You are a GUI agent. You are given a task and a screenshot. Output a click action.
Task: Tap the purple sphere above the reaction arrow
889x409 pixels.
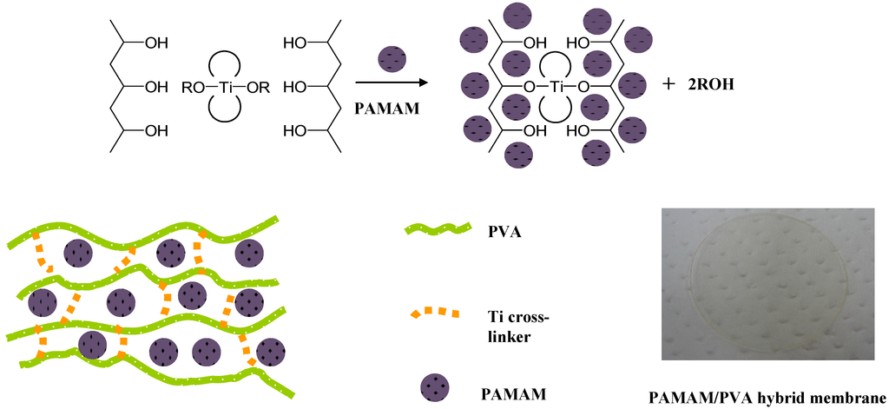tap(391, 61)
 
